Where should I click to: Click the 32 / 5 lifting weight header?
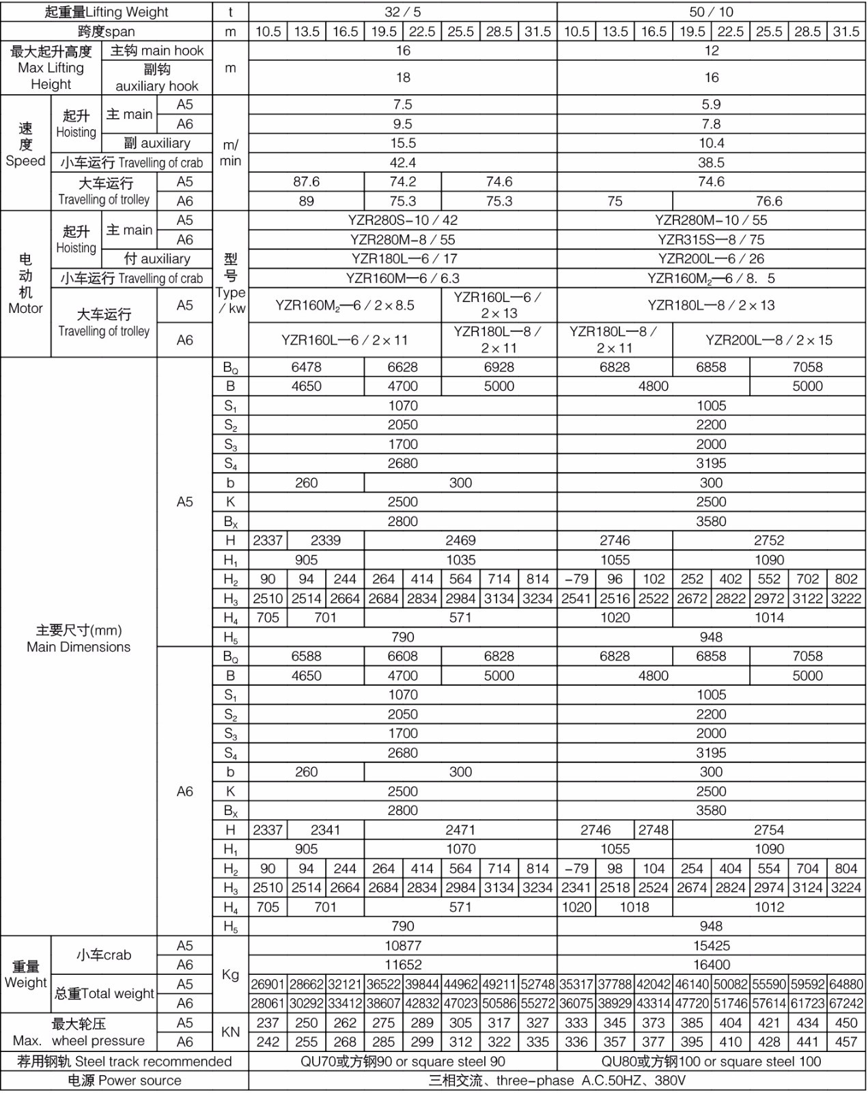click(x=402, y=12)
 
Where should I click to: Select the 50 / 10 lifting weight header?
click(x=711, y=12)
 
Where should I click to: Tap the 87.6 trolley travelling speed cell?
click(x=306, y=182)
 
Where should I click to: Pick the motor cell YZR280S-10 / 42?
click(x=402, y=220)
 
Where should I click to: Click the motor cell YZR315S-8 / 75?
click(x=711, y=240)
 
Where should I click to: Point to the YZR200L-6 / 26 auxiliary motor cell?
click(x=711, y=259)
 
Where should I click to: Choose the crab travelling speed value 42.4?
click(x=402, y=163)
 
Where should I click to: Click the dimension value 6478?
click(x=306, y=367)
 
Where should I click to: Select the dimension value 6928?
click(x=499, y=367)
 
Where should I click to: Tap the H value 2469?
click(x=460, y=540)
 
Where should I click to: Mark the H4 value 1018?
click(x=634, y=907)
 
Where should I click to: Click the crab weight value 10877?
click(x=402, y=945)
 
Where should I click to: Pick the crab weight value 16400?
click(x=711, y=965)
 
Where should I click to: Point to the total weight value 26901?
click(x=267, y=984)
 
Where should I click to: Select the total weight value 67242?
click(x=845, y=1004)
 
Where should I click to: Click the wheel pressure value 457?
click(x=845, y=1042)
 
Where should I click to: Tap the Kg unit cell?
click(x=230, y=974)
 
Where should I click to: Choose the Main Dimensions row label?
click(x=79, y=639)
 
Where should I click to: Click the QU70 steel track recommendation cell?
click(x=402, y=1062)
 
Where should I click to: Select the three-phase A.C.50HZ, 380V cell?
click(x=557, y=1081)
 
